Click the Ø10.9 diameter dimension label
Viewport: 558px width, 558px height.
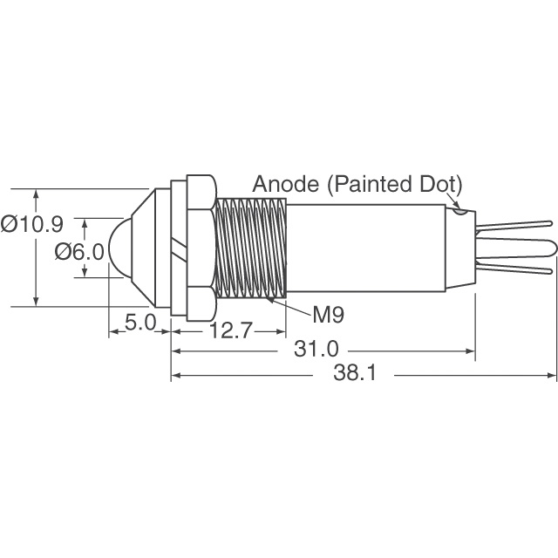tap(32, 224)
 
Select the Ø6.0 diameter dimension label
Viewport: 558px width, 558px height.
tap(78, 252)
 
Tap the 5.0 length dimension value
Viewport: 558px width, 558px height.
tap(139, 323)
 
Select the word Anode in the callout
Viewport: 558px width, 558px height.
tap(280, 185)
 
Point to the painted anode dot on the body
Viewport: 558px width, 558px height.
tap(459, 209)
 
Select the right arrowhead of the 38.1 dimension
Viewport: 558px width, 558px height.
tap(552, 376)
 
